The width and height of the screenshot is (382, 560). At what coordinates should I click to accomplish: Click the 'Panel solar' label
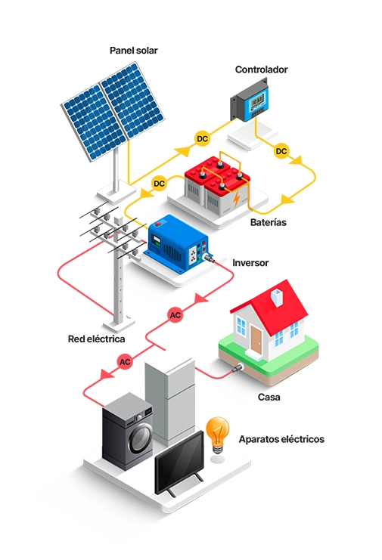(133, 51)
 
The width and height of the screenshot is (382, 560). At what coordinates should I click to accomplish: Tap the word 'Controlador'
(261, 70)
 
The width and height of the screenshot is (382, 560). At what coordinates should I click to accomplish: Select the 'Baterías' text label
(268, 222)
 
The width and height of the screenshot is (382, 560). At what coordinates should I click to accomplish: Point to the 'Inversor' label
(250, 263)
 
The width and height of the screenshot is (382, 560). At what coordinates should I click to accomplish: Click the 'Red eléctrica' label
(97, 339)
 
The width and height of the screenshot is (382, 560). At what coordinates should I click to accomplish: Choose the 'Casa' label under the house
(269, 397)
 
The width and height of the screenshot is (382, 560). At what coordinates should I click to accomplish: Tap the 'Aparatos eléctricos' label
(281, 439)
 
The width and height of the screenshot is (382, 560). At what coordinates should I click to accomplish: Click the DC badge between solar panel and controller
(202, 138)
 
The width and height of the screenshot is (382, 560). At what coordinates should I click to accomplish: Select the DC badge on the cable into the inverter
(159, 184)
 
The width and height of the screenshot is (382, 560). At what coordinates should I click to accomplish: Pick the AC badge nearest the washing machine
(125, 362)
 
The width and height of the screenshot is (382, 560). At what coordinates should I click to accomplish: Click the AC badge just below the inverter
(175, 315)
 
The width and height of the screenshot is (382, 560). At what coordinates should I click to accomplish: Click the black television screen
(179, 462)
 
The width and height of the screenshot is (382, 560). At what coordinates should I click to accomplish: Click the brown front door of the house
(256, 339)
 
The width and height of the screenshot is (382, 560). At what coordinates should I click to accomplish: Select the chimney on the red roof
(277, 297)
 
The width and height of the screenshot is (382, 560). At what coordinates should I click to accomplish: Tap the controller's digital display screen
(258, 101)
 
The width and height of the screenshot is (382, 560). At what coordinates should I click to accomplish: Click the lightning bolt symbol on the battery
(236, 199)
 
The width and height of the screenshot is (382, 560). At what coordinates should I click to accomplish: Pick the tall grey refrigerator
(170, 400)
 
